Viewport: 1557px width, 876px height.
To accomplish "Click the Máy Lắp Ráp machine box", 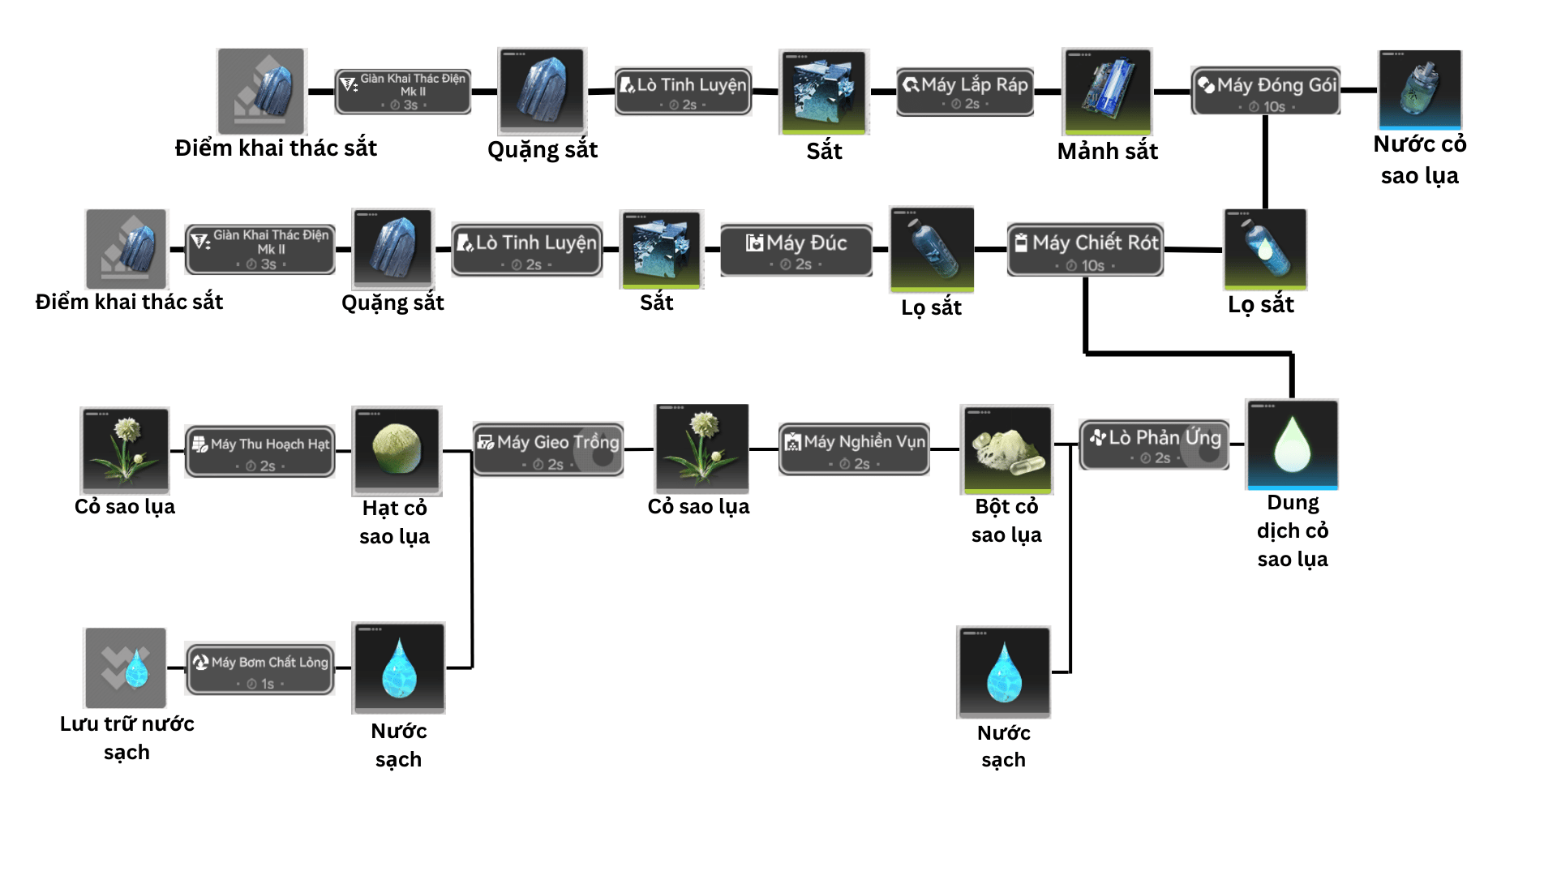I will [965, 92].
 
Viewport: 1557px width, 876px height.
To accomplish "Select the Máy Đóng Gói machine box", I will [1265, 92].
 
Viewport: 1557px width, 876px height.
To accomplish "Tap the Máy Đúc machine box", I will [796, 251].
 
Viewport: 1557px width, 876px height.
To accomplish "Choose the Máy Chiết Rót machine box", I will [1085, 251].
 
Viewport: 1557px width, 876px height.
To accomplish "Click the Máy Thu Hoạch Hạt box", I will [260, 452].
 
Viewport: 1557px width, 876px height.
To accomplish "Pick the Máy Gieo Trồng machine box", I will [548, 449].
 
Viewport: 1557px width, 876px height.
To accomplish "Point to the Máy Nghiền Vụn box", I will [854, 449].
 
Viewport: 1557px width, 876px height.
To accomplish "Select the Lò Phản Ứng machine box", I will [1155, 444].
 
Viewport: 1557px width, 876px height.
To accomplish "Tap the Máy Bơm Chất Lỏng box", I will [260, 669].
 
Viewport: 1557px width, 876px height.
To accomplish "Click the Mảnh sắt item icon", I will [1107, 91].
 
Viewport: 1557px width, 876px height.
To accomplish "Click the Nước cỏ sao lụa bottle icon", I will [1420, 89].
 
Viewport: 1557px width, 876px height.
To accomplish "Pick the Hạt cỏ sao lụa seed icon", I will [397, 450].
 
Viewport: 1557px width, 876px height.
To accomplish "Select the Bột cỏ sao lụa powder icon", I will [1006, 449].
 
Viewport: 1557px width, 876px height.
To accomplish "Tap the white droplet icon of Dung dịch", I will [1292, 444].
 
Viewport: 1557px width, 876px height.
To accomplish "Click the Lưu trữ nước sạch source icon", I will [126, 668].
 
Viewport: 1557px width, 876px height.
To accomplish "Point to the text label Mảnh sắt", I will [1107, 151].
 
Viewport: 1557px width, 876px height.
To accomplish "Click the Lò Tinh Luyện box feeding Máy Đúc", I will [527, 251].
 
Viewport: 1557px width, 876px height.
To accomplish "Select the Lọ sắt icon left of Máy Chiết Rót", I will [932, 248].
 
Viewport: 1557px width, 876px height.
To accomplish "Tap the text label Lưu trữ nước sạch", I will [127, 737].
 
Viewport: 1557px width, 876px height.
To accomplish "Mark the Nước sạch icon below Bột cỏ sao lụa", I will [1004, 672].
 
